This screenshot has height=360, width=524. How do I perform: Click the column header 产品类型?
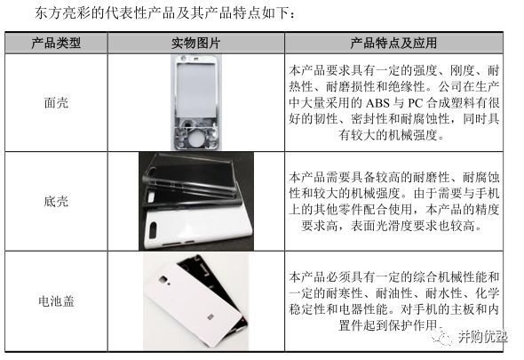[56, 43]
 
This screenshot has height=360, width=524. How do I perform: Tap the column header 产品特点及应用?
[394, 43]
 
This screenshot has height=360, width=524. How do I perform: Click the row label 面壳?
[56, 102]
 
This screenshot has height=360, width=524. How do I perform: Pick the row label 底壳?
[56, 202]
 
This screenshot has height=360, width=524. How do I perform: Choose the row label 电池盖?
[56, 301]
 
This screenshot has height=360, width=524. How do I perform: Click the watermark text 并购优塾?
[483, 337]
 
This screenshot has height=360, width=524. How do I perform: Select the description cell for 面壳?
[394, 102]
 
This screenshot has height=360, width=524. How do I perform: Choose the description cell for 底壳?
[394, 202]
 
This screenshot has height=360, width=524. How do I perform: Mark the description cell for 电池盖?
[394, 302]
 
